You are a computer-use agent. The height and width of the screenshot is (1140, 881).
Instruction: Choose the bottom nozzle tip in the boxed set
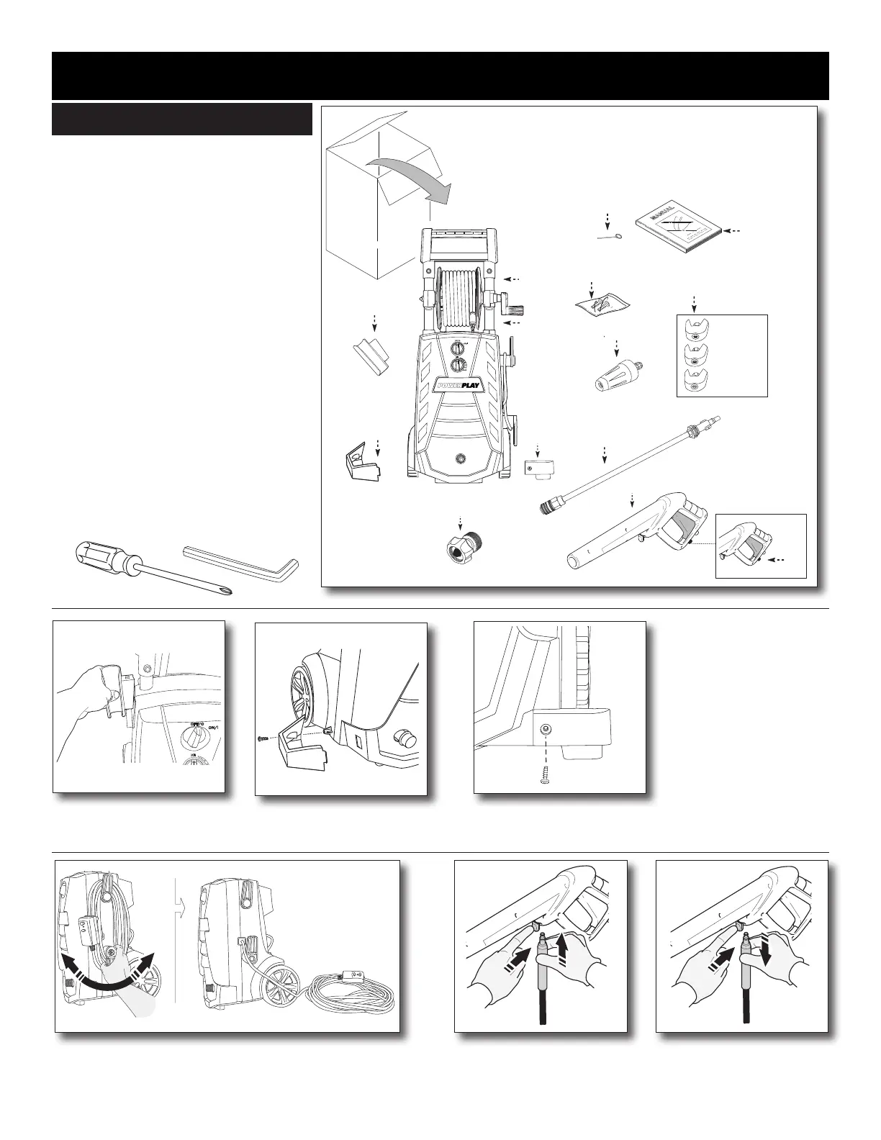694,381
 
